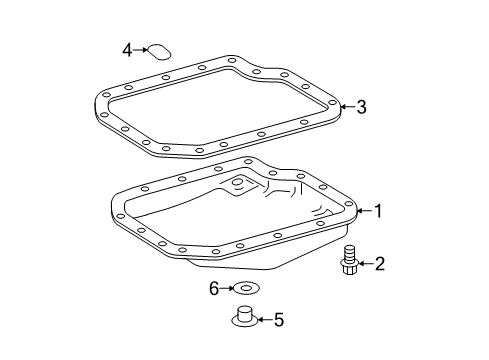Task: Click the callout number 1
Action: (x=379, y=210)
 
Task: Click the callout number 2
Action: (x=379, y=264)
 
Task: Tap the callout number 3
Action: (x=362, y=106)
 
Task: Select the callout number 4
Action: (x=127, y=49)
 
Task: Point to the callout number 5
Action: (x=279, y=321)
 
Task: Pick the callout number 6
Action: (x=213, y=290)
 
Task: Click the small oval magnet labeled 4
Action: (x=158, y=50)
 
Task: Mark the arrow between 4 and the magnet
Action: (x=141, y=49)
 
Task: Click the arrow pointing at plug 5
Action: (x=263, y=321)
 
